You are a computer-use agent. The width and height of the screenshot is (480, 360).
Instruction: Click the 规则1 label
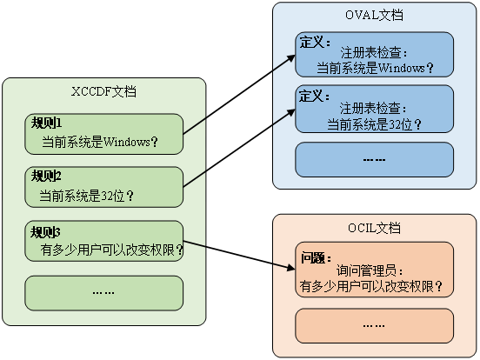(46, 123)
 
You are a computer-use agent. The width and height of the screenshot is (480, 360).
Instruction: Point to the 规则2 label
(46, 177)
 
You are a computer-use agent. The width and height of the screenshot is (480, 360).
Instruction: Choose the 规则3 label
(46, 231)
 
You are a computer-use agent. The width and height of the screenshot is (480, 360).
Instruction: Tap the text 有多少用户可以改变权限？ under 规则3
(112, 250)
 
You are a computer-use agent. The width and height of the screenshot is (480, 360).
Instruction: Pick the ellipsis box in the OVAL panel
(375, 159)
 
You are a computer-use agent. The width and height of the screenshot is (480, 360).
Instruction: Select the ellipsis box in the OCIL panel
(375, 325)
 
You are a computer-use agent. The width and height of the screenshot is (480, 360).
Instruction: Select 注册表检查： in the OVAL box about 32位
(375, 110)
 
